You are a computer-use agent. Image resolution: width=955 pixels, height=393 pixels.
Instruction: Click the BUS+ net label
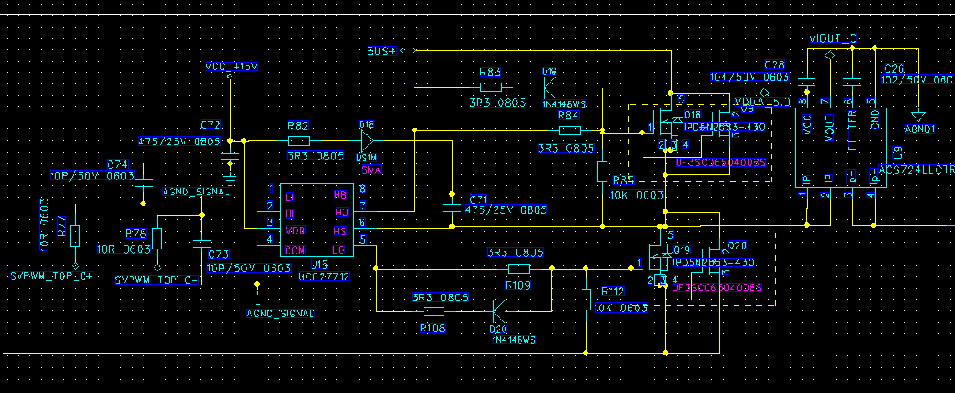tap(381, 51)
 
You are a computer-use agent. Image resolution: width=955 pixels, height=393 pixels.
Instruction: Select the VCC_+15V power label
tap(231, 67)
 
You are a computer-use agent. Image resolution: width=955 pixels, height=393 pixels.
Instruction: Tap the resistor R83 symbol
tap(491, 86)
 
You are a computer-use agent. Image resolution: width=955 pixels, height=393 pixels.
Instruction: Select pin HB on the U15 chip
tap(340, 194)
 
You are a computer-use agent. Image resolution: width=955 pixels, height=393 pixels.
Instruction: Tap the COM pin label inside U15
tap(295, 250)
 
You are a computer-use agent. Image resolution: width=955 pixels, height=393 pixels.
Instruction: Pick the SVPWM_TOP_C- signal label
tap(157, 280)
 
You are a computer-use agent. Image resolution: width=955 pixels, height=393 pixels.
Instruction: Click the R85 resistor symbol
tap(602, 172)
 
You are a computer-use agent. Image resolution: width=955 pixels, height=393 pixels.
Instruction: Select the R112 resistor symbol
tap(587, 298)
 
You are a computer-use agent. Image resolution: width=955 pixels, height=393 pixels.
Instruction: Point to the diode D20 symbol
tap(499, 312)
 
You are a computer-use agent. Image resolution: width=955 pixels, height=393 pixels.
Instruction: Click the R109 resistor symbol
tap(519, 269)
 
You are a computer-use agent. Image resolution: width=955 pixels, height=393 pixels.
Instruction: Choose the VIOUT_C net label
tap(833, 38)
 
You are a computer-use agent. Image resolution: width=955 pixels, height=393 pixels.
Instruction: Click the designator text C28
tap(774, 65)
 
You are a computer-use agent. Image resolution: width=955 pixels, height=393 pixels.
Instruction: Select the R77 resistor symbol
tap(75, 236)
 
